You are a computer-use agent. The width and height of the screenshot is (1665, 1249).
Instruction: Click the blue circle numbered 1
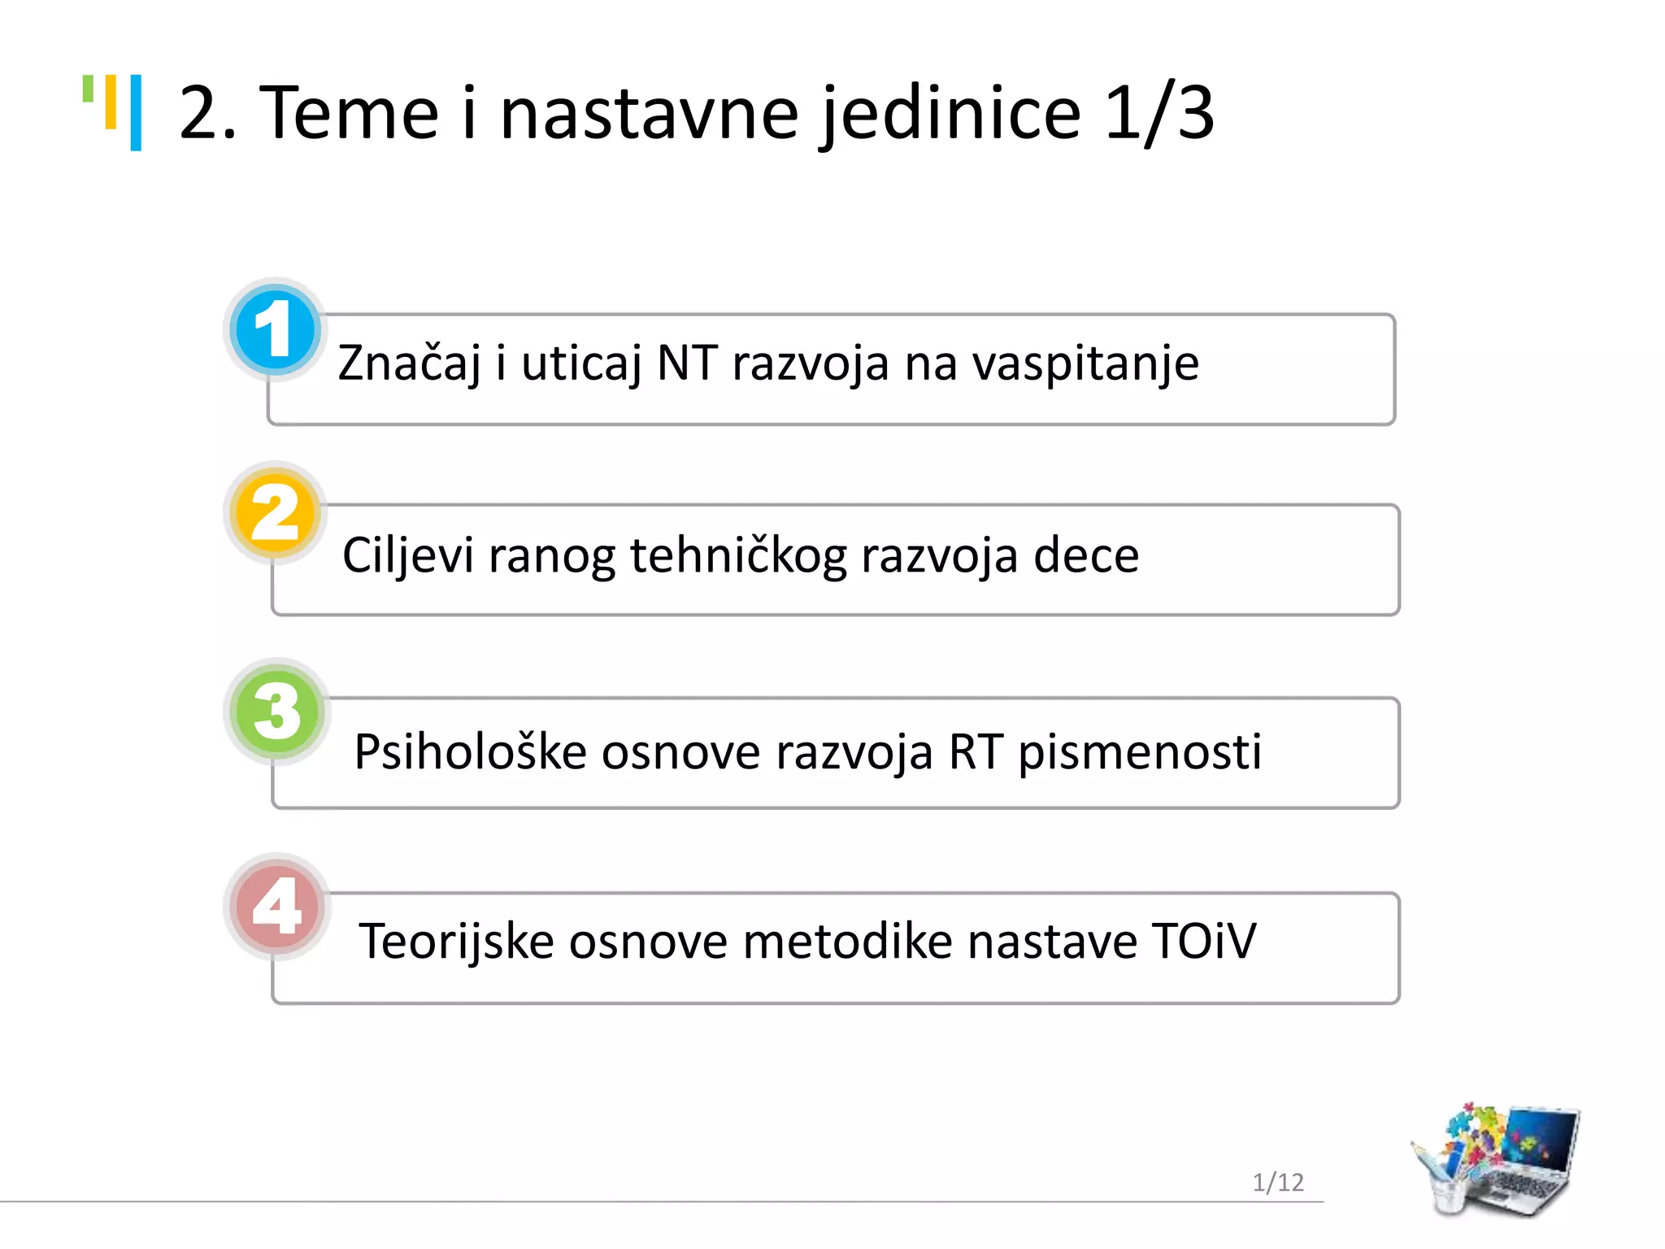click(x=274, y=330)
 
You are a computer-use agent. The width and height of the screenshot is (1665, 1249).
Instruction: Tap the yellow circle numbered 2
click(x=275, y=513)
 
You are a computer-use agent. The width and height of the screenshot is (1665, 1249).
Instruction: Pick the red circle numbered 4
click(x=276, y=906)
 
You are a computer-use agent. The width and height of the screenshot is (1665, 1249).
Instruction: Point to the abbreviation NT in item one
click(x=687, y=363)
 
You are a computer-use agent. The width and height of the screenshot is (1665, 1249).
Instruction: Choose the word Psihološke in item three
click(x=470, y=751)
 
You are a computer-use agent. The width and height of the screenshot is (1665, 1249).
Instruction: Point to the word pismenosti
click(x=1140, y=751)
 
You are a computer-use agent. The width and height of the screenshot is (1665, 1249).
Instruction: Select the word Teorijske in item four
click(x=456, y=942)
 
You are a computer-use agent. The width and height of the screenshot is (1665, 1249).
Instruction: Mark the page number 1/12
click(x=1278, y=1182)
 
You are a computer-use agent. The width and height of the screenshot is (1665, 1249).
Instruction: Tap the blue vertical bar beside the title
click(x=136, y=112)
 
